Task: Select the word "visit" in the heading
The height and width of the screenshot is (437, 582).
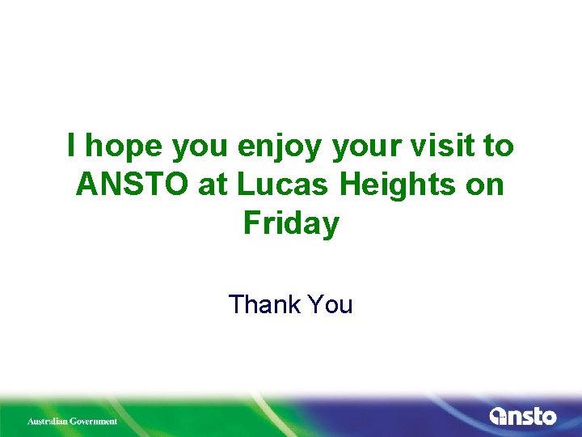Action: point(449,146)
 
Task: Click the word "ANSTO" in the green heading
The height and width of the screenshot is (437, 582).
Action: point(132,185)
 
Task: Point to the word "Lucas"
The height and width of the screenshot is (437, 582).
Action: point(283,185)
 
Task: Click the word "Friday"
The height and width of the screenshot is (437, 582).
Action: point(291,223)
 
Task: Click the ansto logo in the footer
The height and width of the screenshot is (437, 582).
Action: point(523,417)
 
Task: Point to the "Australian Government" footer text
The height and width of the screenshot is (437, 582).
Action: point(73,421)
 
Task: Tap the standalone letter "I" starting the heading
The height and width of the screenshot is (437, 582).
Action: point(73,146)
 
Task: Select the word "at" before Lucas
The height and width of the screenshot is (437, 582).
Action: point(213,185)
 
